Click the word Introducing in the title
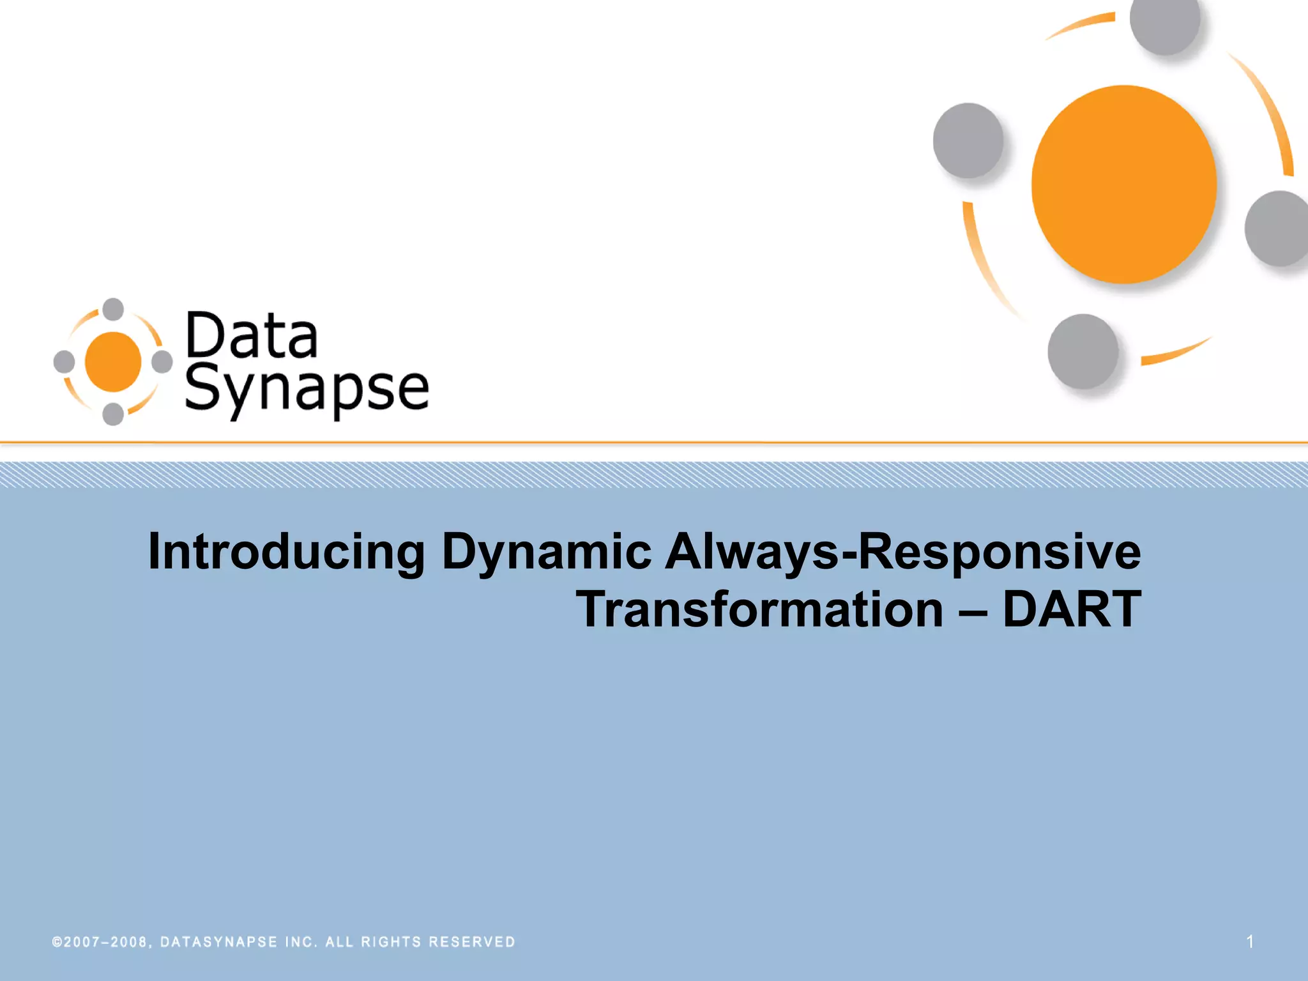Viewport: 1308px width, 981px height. [x=285, y=551]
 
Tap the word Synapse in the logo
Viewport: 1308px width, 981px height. [x=307, y=390]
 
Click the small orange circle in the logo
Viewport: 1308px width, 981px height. [x=113, y=361]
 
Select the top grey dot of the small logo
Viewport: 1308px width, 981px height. [x=113, y=309]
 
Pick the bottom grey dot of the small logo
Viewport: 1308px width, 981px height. [x=113, y=414]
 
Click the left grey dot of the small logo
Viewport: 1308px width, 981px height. [x=64, y=361]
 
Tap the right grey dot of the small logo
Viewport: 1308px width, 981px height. [x=162, y=361]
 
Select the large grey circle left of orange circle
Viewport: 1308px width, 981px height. [x=968, y=141]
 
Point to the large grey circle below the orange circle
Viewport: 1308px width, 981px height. [x=1083, y=351]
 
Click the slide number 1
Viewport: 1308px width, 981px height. [x=1250, y=941]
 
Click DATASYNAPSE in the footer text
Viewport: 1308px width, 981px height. [x=218, y=942]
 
